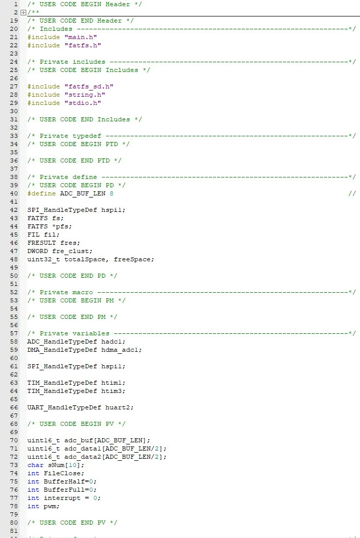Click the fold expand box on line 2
tap(23, 12)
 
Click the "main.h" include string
tap(81, 37)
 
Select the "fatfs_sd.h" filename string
tap(89, 86)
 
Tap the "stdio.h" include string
tap(83, 103)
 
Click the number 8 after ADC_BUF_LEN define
tap(112, 193)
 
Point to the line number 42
tap(14, 210)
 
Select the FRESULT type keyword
tap(42, 243)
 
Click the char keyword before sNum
tap(35, 465)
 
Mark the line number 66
tap(14, 408)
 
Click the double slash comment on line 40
tap(352, 193)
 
